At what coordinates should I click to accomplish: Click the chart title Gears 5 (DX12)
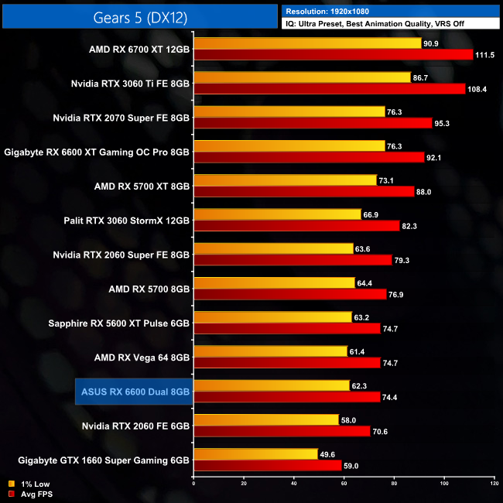139,16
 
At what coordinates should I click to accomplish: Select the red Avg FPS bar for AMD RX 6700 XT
333,55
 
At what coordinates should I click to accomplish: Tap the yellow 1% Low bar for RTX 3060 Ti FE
302,78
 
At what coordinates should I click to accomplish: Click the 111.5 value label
484,55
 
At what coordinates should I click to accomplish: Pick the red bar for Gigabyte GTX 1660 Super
267,466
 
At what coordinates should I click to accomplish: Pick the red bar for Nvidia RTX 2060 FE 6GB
282,432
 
